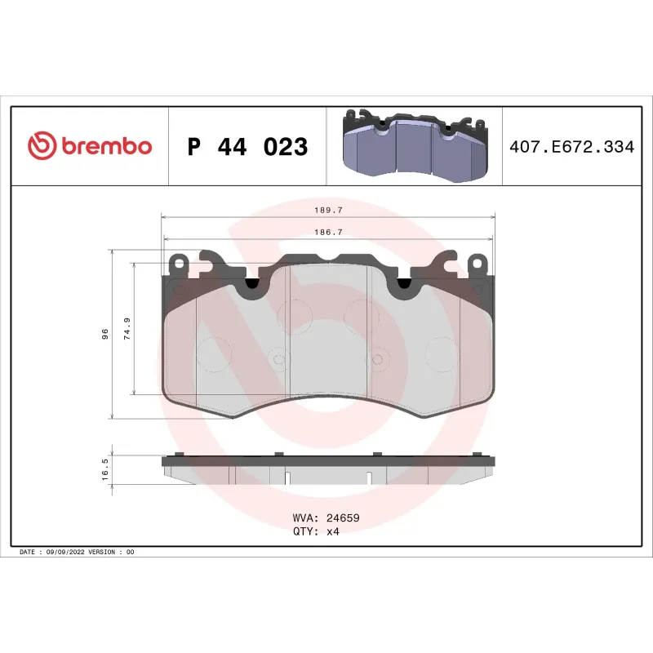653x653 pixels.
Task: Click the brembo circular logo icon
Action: tap(42, 146)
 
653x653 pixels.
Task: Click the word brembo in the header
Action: tap(105, 147)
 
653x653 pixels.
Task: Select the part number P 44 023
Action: tap(247, 147)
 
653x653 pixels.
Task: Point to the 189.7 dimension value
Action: tap(328, 210)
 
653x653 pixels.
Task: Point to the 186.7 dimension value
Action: tap(328, 233)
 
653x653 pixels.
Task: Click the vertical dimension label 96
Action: tap(104, 335)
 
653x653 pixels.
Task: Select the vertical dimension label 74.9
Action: tap(127, 329)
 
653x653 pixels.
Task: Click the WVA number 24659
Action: tap(344, 518)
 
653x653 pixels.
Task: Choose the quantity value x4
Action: tap(332, 531)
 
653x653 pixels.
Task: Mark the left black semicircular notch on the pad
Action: tap(251, 283)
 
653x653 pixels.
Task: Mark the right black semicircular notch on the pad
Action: tap(403, 283)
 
